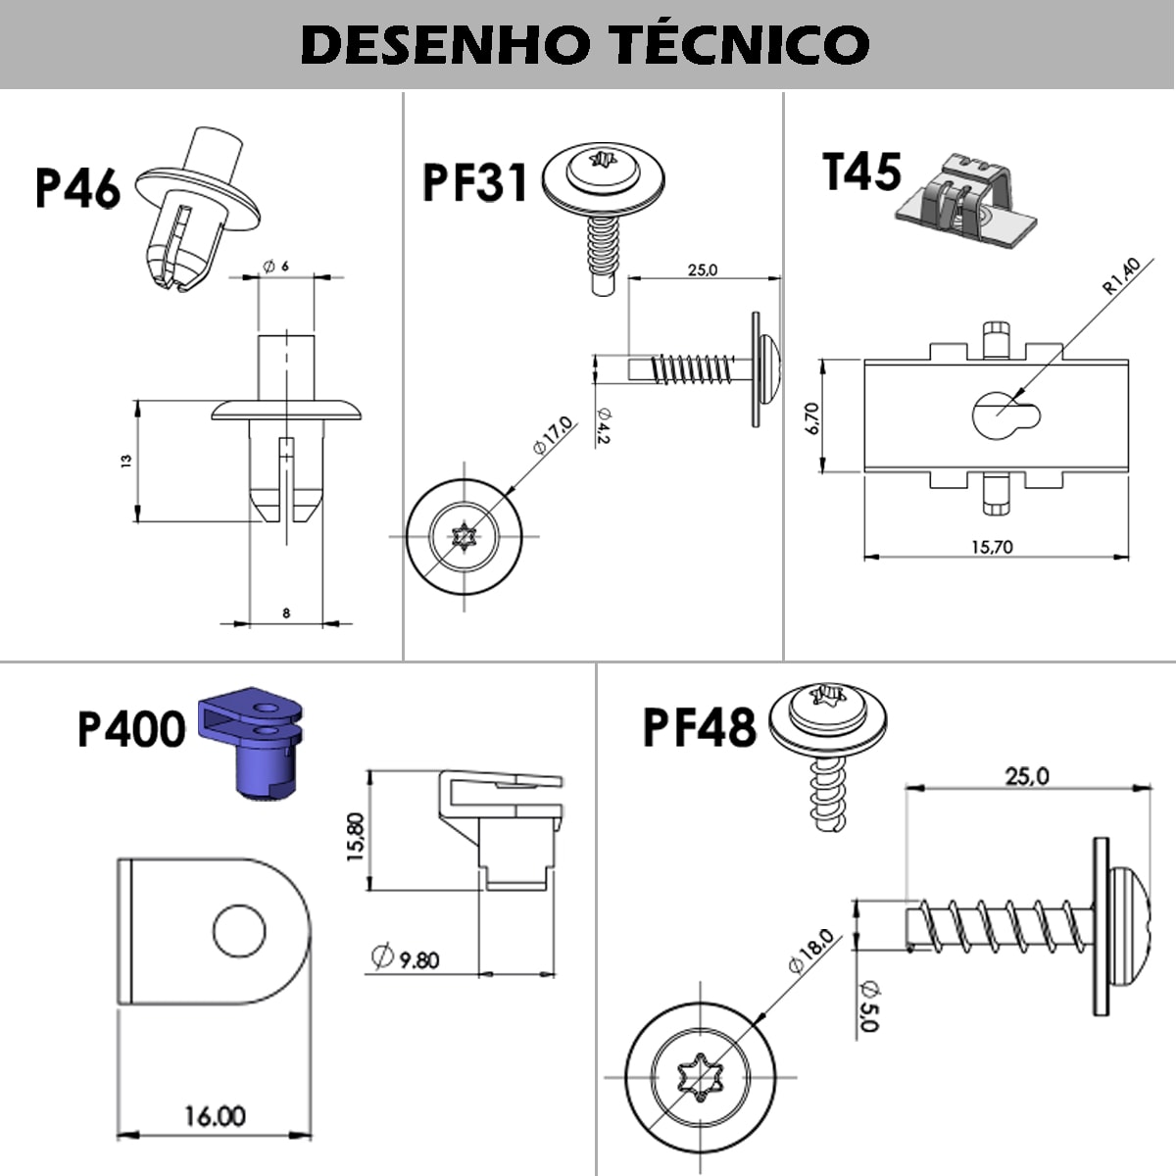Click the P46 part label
click(77, 188)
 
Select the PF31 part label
click(474, 182)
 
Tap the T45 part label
click(861, 172)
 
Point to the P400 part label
click(131, 730)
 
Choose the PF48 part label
click(699, 728)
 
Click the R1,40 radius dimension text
click(1122, 275)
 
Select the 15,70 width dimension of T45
click(992, 548)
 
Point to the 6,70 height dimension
click(810, 417)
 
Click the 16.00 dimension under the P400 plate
click(215, 1116)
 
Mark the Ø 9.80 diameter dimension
click(406, 957)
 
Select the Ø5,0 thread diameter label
click(867, 1004)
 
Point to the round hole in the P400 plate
click(239, 932)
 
